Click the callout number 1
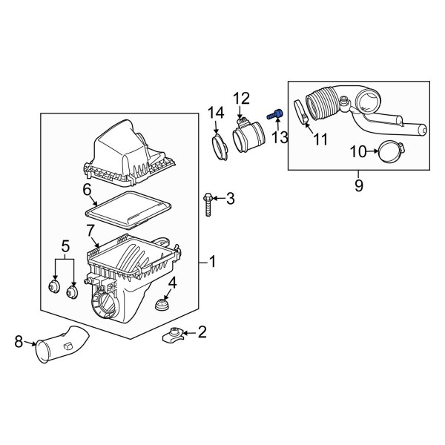pos(212,262)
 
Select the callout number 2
pos(202,332)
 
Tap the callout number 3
pos(230,198)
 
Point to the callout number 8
pos(19,342)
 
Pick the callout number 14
pos(215,113)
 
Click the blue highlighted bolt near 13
pos(276,113)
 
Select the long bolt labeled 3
pos(208,204)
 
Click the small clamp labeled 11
pos(302,113)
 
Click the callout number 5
pos(65,245)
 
